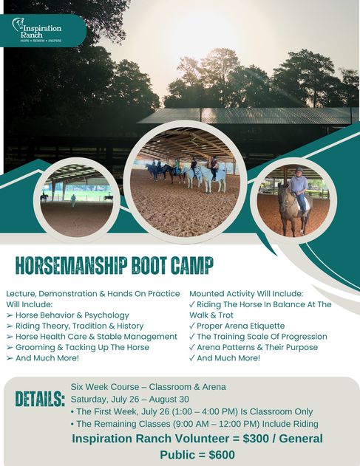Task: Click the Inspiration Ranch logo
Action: point(37,30)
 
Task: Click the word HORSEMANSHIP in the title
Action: point(72,265)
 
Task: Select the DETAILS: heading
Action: point(40,399)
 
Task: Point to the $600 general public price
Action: point(222,455)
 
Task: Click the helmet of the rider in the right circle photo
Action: point(299,170)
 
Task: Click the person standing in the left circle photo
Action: point(73,200)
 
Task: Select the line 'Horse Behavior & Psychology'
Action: point(72,315)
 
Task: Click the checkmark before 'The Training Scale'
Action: point(192,337)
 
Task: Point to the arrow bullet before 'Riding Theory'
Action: point(10,326)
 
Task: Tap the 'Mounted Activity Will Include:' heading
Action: point(246,294)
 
